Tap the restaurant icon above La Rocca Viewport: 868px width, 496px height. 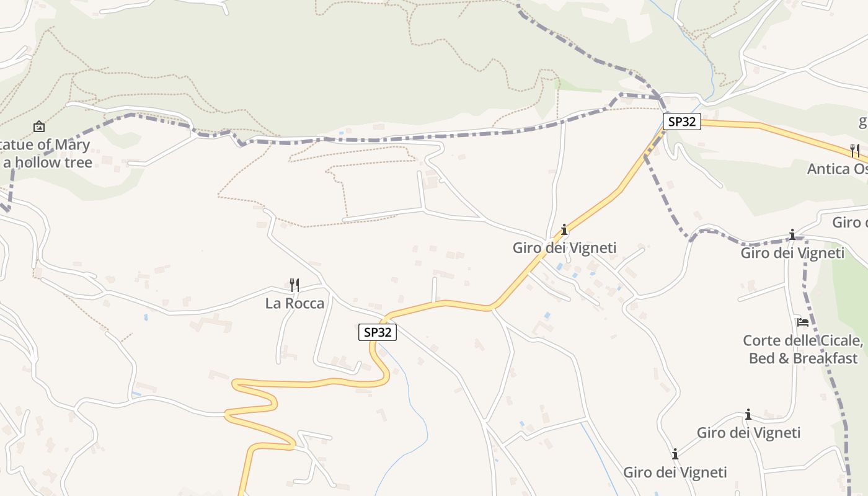pyautogui.click(x=294, y=285)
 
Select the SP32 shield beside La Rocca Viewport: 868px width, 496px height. pyautogui.click(x=377, y=332)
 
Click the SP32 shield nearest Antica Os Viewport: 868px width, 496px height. pyautogui.click(x=681, y=122)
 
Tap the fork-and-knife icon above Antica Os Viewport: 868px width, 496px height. pyautogui.click(x=854, y=150)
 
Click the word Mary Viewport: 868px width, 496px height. pyautogui.click(x=75, y=145)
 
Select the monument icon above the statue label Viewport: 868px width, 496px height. pyautogui.click(x=39, y=127)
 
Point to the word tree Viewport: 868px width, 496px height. pyautogui.click(x=79, y=162)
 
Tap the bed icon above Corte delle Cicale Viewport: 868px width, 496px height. pyautogui.click(x=803, y=322)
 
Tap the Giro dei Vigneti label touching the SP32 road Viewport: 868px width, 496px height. pyautogui.click(x=564, y=248)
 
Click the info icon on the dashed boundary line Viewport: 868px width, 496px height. pyautogui.click(x=792, y=234)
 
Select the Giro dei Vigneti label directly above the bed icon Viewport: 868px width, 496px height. pyautogui.click(x=792, y=253)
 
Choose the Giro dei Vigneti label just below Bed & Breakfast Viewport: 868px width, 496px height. pyautogui.click(x=748, y=433)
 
